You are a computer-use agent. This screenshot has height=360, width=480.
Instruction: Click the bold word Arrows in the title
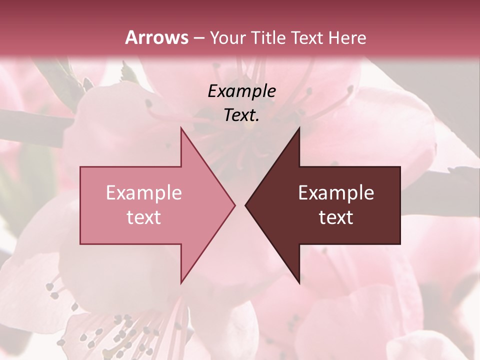157,37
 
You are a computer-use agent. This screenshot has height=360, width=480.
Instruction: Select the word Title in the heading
268,37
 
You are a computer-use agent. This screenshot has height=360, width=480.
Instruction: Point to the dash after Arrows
198,38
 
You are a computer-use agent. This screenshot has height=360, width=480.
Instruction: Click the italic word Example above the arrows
241,91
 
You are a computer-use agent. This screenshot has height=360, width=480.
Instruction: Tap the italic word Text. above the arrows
241,115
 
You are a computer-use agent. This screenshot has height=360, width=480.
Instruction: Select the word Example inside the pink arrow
144,193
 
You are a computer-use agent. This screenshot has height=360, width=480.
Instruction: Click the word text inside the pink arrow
144,217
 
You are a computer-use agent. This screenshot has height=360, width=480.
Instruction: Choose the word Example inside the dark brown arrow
336,193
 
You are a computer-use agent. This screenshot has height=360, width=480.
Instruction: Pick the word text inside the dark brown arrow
336,217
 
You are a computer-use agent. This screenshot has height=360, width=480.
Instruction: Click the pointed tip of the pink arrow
234,205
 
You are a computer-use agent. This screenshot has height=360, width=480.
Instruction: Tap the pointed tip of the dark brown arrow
245,205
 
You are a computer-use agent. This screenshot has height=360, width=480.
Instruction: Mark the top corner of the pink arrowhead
181,128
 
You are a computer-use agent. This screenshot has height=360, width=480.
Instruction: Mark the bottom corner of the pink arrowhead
181,283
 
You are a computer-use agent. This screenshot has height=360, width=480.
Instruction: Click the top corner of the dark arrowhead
299,128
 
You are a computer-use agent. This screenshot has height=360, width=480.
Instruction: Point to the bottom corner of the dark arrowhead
299,283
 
